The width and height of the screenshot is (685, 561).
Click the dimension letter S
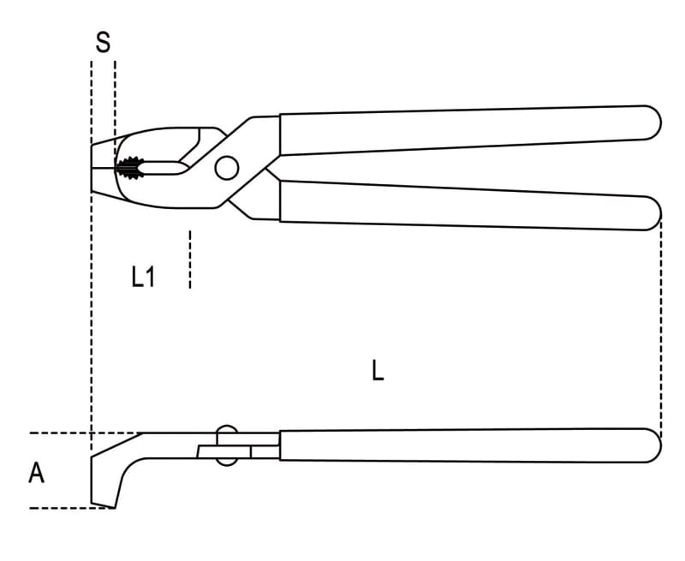[x=103, y=42]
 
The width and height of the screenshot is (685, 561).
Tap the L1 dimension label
[x=143, y=277]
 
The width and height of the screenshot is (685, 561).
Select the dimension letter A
[x=36, y=473]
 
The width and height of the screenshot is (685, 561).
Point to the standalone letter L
[x=378, y=371]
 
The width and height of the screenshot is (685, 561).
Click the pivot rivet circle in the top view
[x=227, y=168]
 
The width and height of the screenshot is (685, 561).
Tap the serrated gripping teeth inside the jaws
[x=130, y=168]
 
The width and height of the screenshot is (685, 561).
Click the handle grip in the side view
[x=470, y=445]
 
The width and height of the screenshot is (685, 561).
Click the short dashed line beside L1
[x=189, y=260]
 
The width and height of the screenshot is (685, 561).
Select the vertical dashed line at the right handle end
[x=661, y=328]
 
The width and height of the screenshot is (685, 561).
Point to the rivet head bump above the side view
[x=227, y=428]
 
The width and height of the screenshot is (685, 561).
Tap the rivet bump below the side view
[x=227, y=462]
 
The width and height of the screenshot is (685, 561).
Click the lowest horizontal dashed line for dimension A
[x=73, y=508]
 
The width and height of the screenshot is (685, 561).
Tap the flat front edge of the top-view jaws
[x=92, y=168]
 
